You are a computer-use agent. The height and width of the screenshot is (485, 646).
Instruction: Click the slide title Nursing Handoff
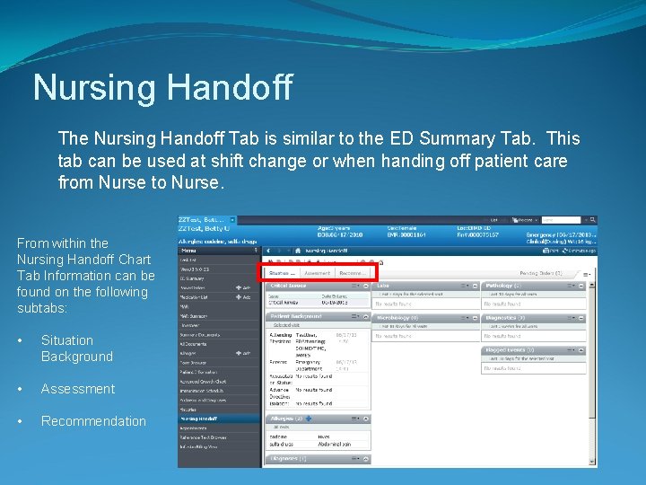click(x=162, y=88)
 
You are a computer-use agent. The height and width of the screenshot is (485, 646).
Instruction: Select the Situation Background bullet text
click(x=77, y=348)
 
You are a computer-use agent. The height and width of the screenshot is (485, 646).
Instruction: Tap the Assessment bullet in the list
click(x=78, y=389)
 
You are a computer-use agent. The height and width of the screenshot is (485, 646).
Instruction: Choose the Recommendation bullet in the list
click(x=93, y=421)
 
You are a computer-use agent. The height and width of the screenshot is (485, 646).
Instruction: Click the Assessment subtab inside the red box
click(x=317, y=272)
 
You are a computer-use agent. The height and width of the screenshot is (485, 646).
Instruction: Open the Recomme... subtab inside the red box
click(x=353, y=272)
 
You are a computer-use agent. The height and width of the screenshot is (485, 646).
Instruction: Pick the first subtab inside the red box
click(x=282, y=272)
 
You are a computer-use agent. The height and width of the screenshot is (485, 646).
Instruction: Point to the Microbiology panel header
click(x=400, y=318)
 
